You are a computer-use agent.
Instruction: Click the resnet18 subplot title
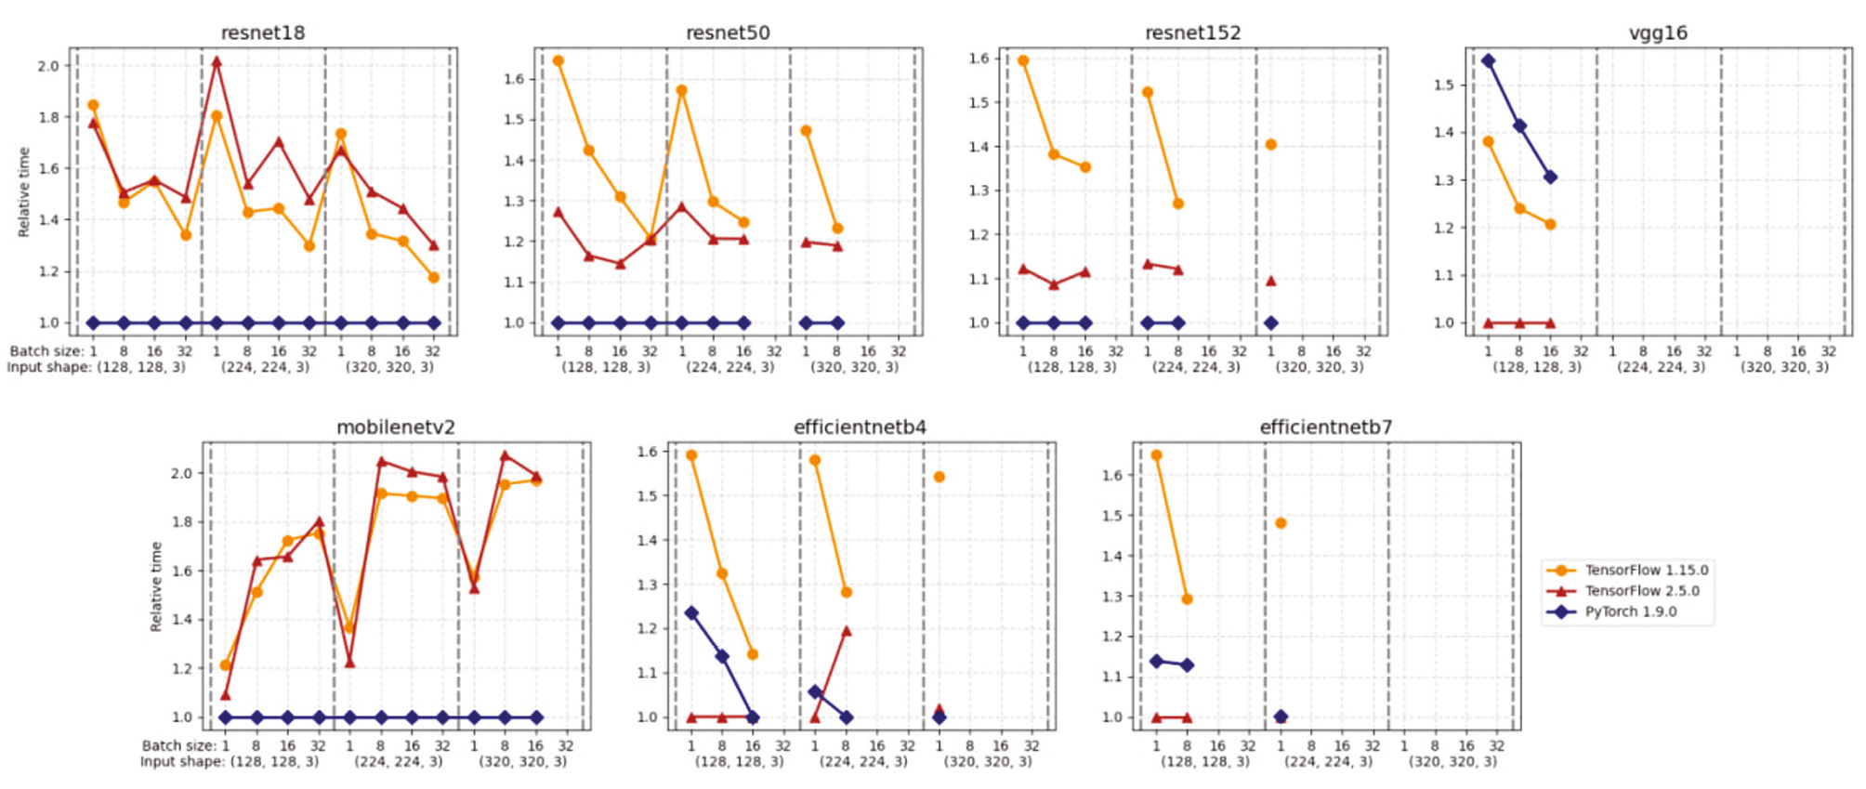point(262,33)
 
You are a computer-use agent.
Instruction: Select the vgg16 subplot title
point(1658,33)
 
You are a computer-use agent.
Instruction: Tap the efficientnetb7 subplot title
point(1325,427)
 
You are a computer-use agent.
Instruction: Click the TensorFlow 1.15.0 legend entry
point(1646,571)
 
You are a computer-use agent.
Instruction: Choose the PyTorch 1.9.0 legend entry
point(1630,611)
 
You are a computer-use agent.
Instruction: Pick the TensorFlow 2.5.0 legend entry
point(1641,591)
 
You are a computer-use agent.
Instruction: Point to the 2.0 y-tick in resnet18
point(48,66)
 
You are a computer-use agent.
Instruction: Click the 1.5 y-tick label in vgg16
point(1443,85)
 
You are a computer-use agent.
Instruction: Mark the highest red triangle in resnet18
point(217,62)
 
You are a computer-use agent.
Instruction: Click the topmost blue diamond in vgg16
point(1488,61)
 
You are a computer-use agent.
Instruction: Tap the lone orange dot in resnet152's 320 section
point(1270,144)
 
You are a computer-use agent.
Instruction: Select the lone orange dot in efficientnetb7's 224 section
point(1281,523)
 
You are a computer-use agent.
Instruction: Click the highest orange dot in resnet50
point(558,61)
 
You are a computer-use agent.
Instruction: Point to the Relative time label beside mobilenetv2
point(156,586)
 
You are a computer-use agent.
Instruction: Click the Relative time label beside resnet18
point(24,191)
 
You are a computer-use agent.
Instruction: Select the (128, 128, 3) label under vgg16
point(1536,367)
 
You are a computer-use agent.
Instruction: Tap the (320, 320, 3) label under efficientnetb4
point(988,761)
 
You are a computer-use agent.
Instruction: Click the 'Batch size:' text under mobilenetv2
point(178,745)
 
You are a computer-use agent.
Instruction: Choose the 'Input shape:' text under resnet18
point(47,367)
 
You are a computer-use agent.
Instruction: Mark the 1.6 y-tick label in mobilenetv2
point(181,571)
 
